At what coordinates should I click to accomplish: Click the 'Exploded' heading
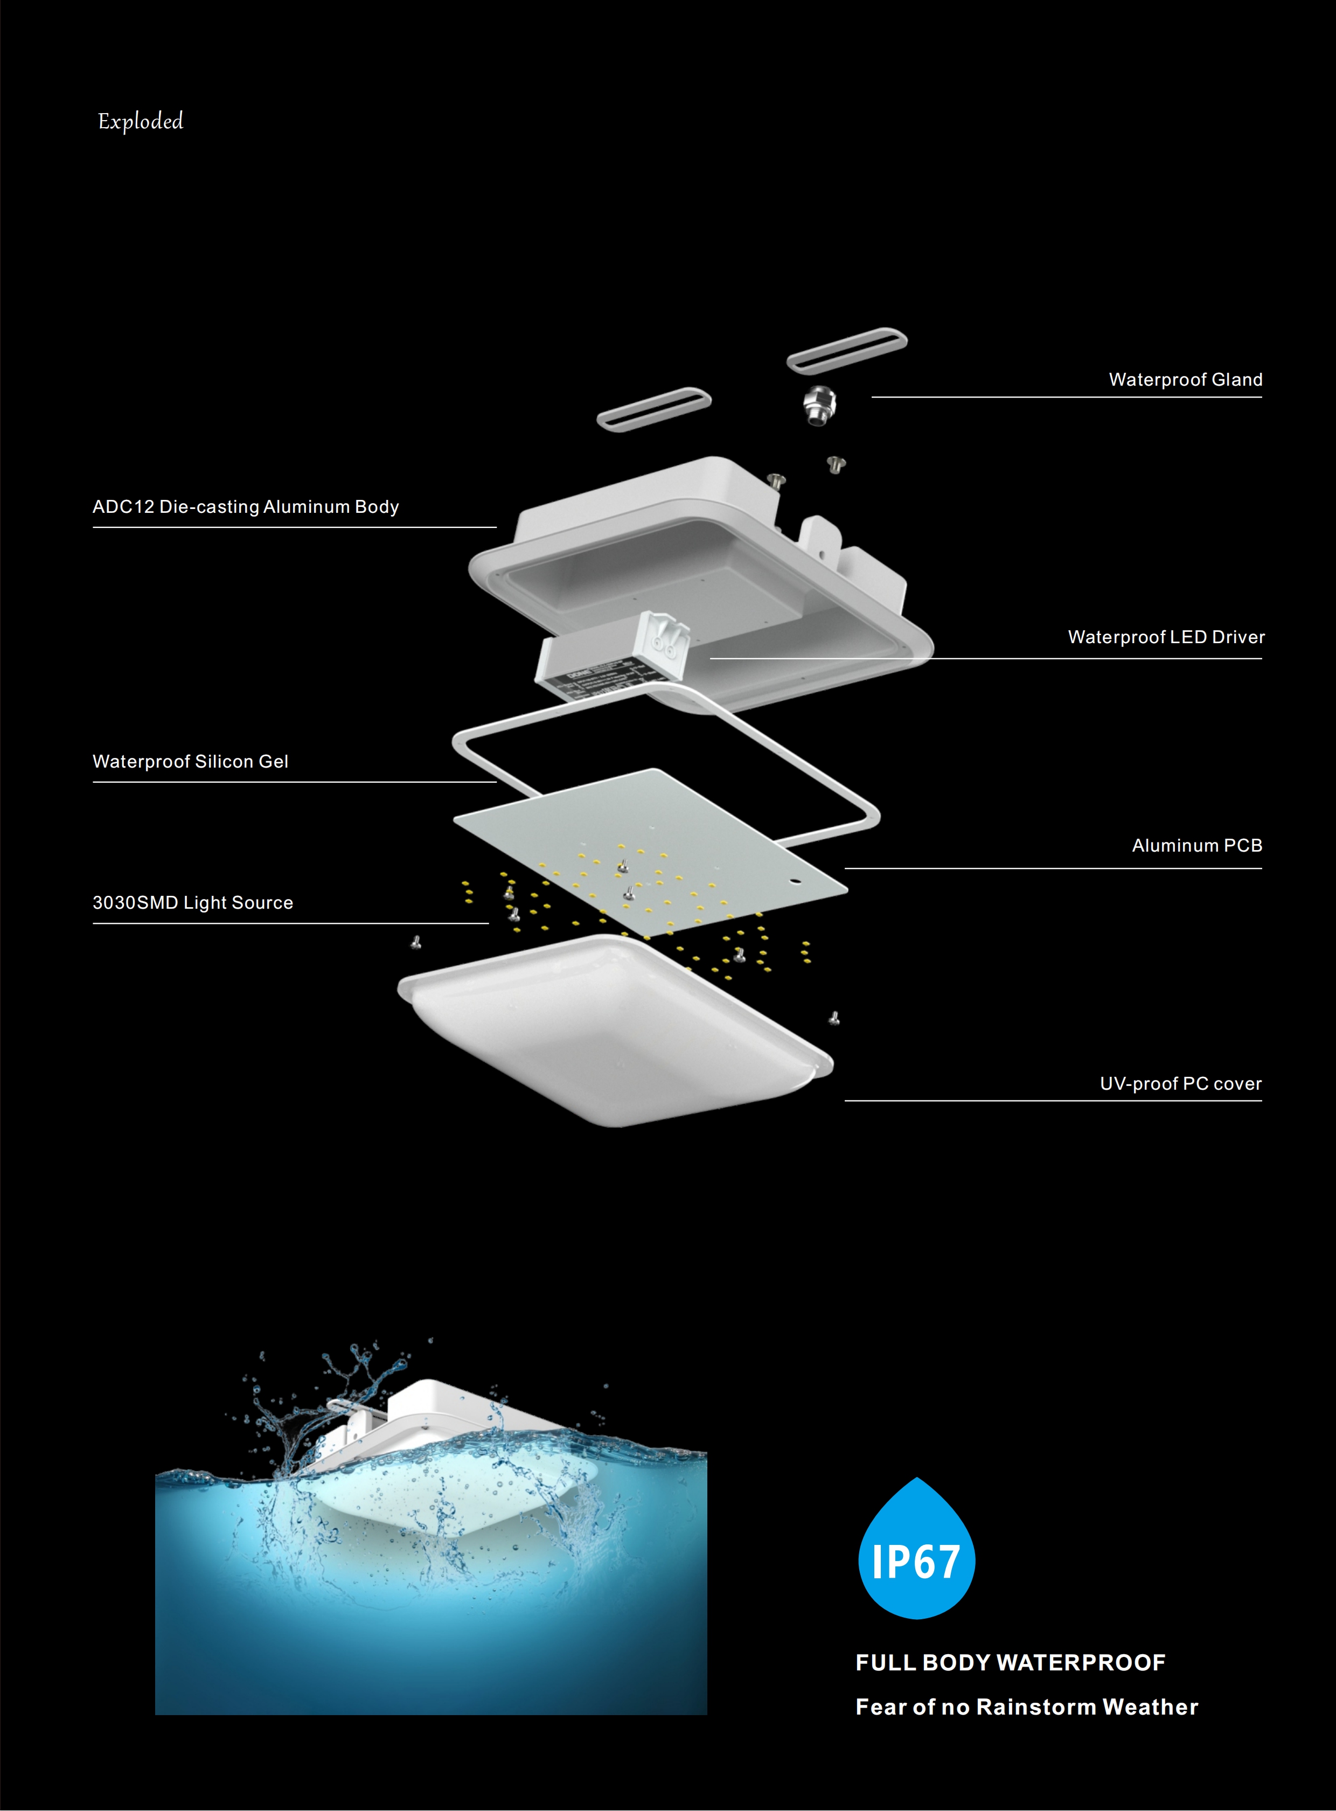(141, 121)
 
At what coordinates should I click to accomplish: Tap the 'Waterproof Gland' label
(1186, 379)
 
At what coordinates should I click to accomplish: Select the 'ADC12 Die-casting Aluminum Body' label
(246, 507)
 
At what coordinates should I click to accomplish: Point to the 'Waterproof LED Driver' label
(1166, 637)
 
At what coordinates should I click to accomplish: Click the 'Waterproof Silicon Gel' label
(190, 762)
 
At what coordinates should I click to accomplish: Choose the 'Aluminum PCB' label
(1197, 846)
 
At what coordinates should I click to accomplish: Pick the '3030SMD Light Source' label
(192, 903)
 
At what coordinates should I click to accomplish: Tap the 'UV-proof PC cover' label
(1181, 1084)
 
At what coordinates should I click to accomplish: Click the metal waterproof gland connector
(819, 406)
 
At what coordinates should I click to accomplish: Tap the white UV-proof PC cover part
(615, 1031)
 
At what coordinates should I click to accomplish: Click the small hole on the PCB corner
(794, 881)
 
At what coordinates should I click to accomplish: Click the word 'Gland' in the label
(1236, 379)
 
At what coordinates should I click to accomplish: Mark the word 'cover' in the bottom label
(1237, 1085)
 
